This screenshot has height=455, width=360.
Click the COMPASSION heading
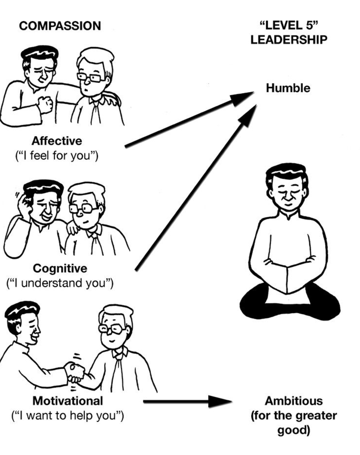click(60, 26)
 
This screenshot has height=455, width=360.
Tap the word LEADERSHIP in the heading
click(288, 39)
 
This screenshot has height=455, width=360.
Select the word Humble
click(287, 88)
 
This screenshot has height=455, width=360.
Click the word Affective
click(56, 141)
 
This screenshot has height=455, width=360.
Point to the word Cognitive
click(60, 268)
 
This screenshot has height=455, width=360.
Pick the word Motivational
click(68, 400)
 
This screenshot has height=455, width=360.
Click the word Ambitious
click(293, 400)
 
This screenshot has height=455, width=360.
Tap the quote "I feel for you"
click(56, 156)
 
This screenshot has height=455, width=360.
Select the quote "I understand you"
click(60, 283)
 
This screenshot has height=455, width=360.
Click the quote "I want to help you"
click(67, 416)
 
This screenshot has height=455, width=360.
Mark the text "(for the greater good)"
click(293, 423)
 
